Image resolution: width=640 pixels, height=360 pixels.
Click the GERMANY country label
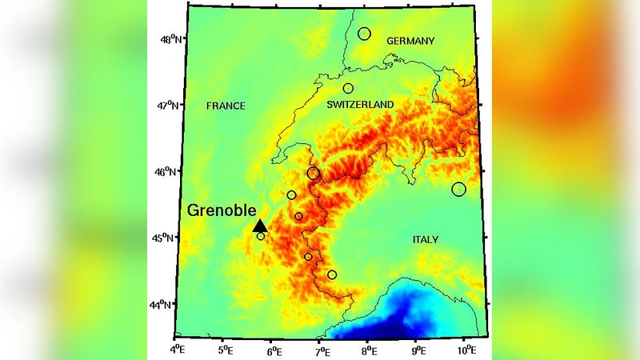coord(410,41)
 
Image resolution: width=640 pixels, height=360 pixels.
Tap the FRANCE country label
coord(226,106)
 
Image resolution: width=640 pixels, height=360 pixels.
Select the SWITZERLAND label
coord(361,105)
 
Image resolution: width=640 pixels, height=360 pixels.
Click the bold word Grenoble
coord(222,211)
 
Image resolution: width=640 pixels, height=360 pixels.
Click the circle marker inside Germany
coord(365,34)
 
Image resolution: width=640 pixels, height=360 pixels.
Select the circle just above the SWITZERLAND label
coord(348,89)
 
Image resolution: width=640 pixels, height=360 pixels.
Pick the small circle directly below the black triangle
coord(261,237)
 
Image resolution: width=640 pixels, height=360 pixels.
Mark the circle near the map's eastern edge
coord(458,190)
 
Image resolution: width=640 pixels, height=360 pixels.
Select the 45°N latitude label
coord(166,238)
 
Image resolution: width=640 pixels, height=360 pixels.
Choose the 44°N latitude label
coord(163,304)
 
